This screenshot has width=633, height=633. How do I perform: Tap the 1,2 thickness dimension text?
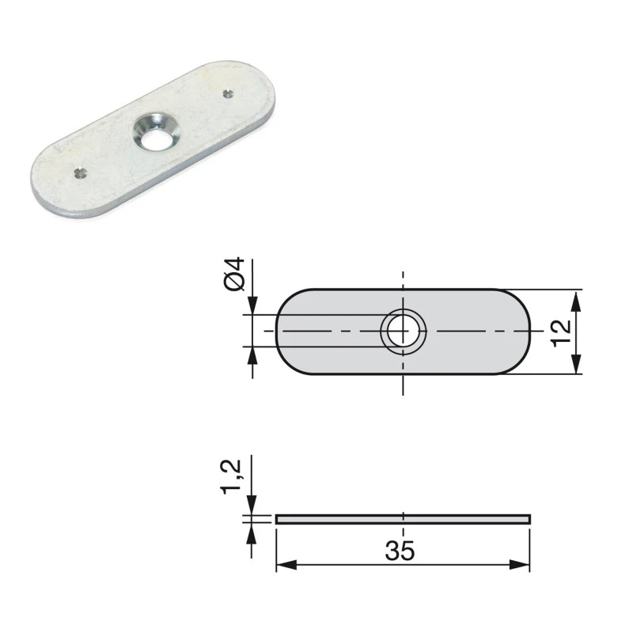pos(233,479)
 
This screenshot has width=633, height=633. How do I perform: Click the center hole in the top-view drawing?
pos(403,331)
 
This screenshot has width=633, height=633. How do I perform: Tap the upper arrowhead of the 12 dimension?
pos(575,298)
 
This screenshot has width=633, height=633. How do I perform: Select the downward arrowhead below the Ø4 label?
pos(252,307)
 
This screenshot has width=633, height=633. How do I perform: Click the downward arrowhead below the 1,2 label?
pos(252,506)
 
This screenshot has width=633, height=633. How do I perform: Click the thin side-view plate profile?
pos(403,519)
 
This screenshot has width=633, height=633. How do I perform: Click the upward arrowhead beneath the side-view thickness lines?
pos(252,532)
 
